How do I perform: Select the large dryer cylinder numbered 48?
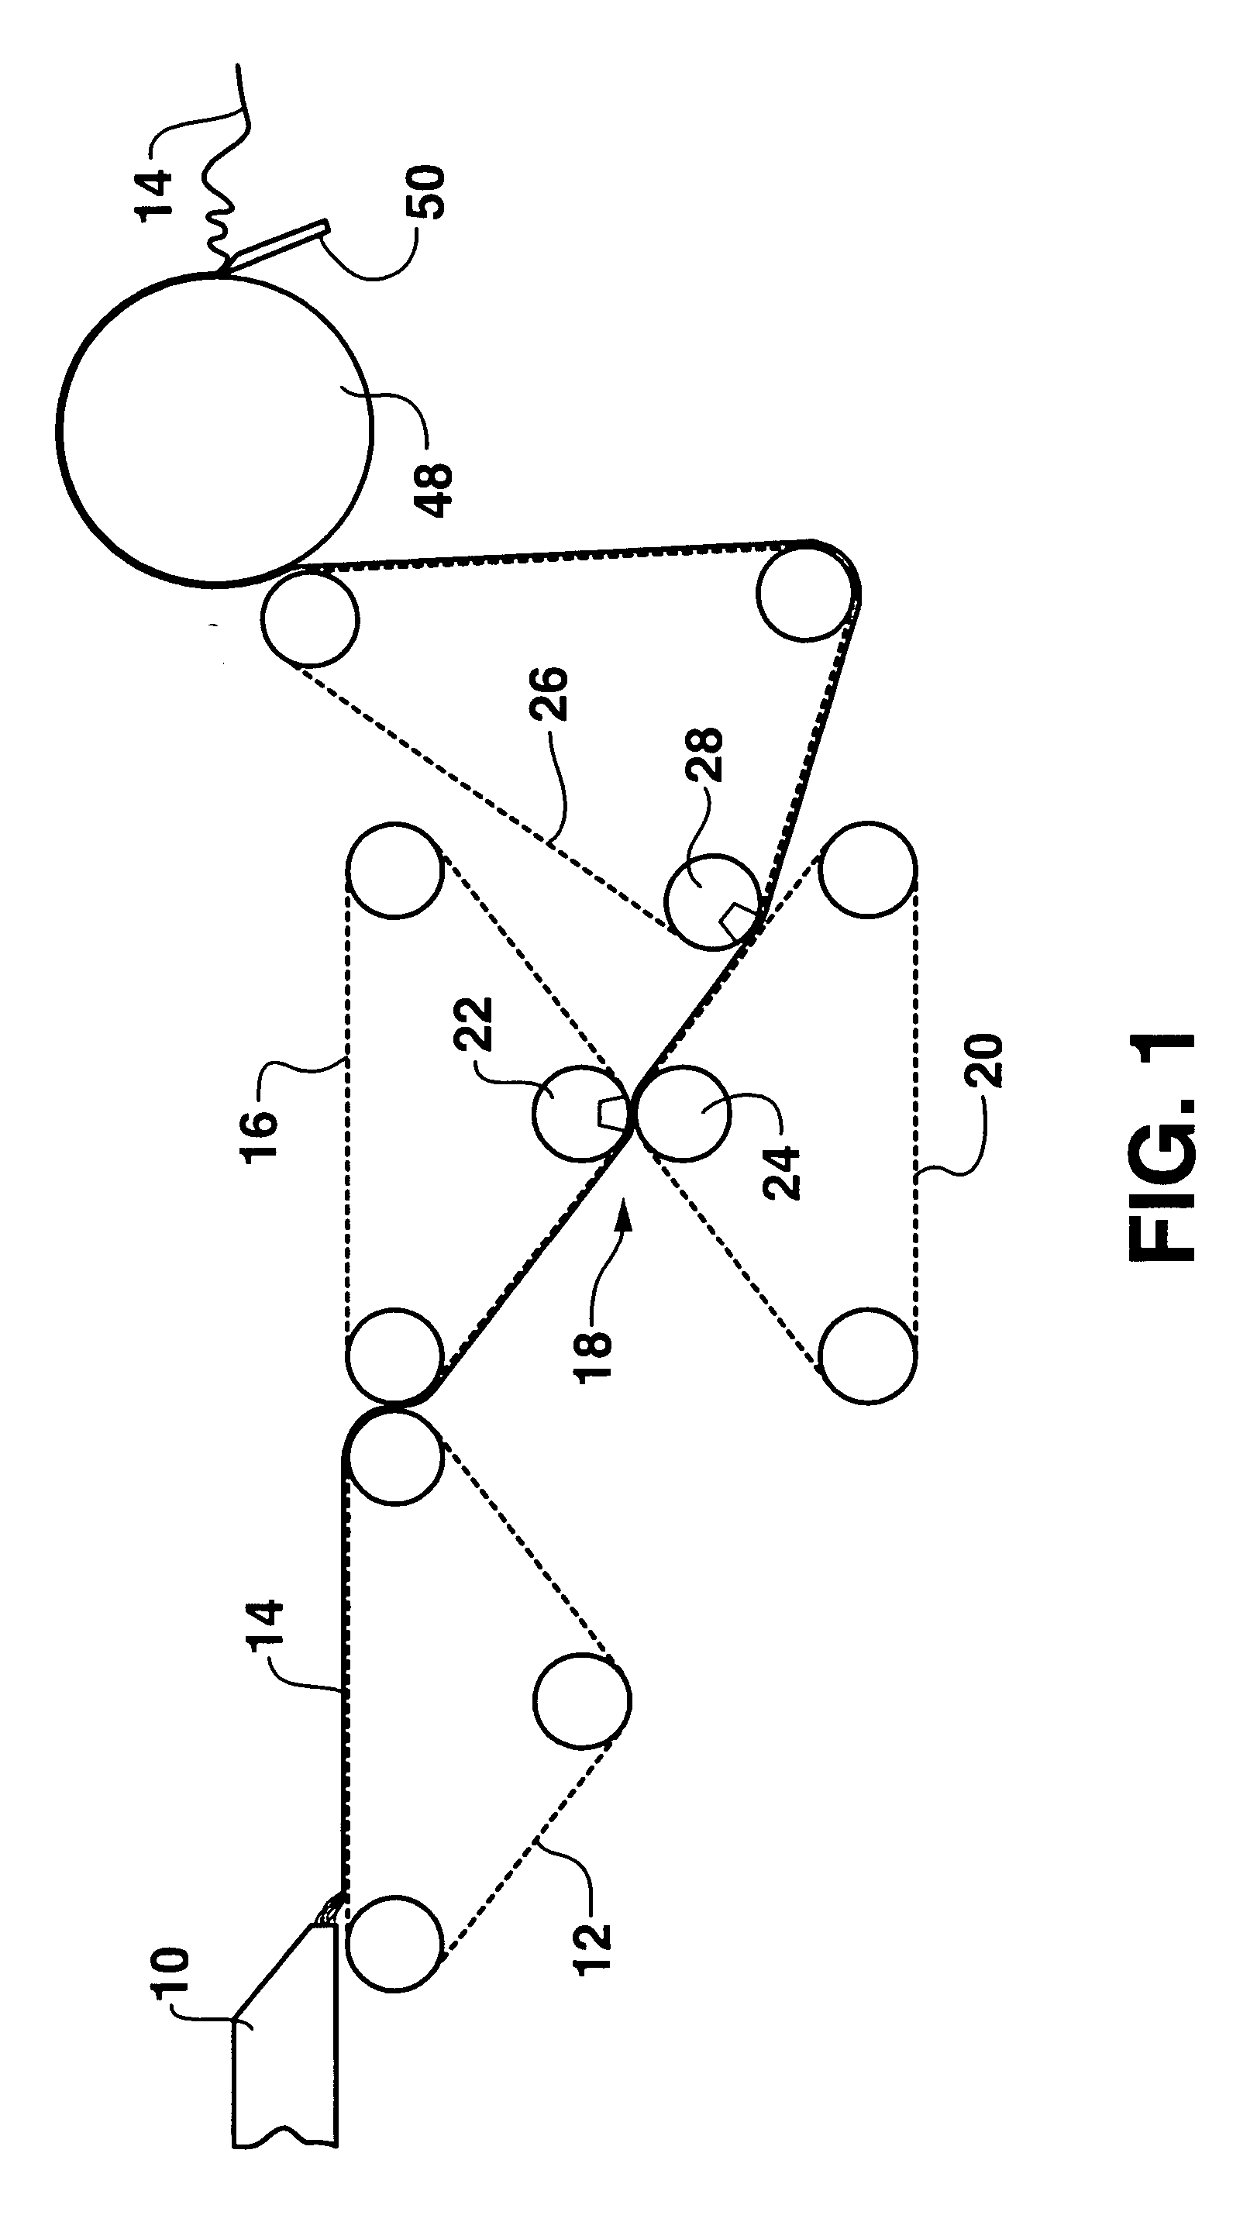215,430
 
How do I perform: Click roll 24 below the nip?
684,1113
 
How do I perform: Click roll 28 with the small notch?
712,902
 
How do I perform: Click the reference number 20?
983,1061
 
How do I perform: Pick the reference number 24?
781,1173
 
